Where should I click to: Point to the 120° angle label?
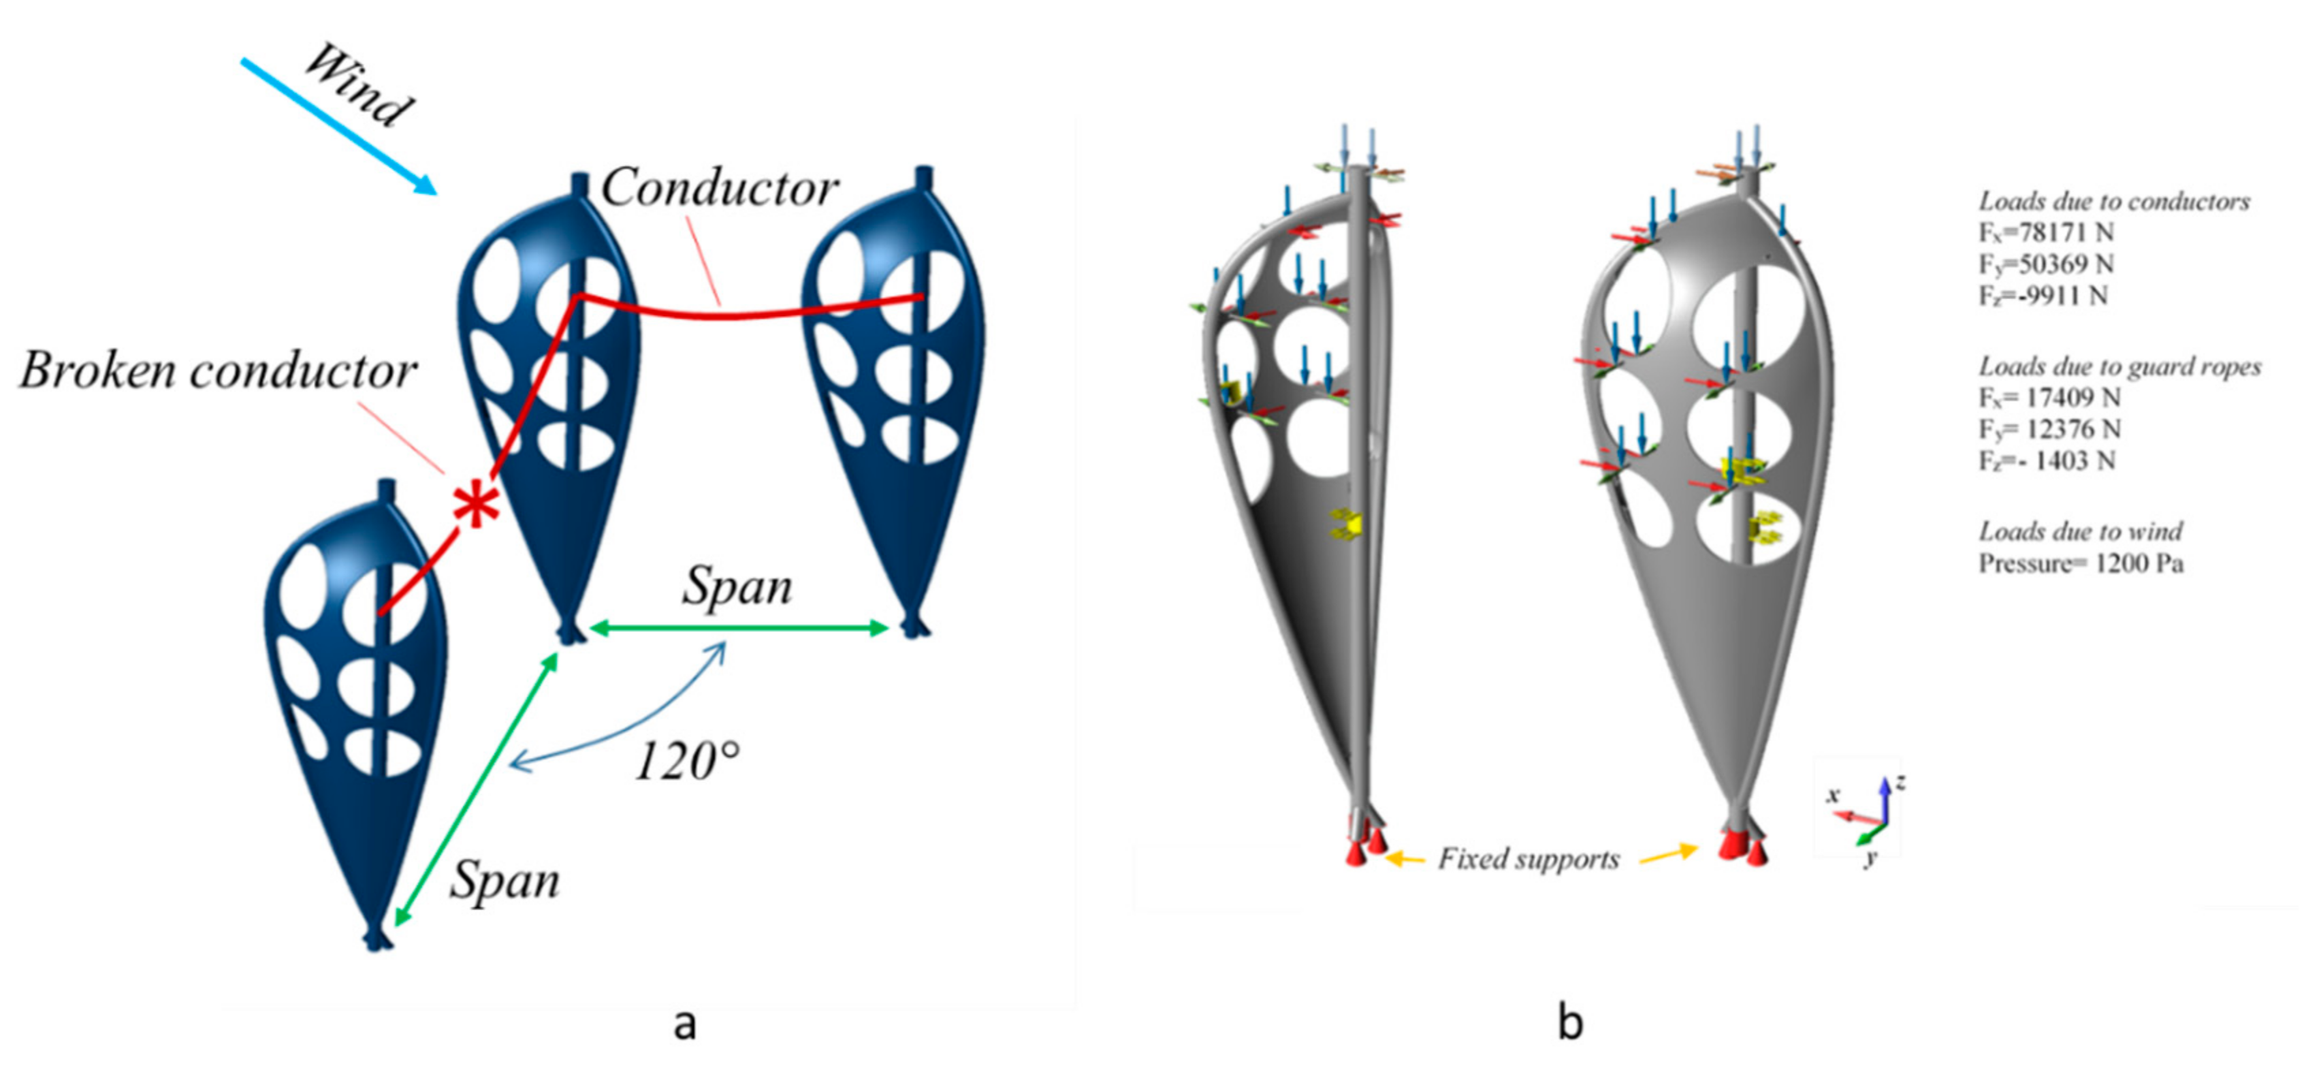point(687,762)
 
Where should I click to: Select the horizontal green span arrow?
point(739,628)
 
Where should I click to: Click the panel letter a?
point(684,1023)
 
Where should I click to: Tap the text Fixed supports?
point(1529,859)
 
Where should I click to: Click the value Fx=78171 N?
point(2045,232)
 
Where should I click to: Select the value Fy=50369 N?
point(2045,264)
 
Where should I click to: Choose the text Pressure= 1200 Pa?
point(2081,563)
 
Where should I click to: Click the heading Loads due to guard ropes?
point(2119,366)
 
